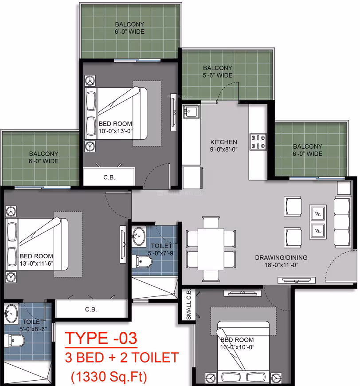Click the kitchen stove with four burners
(258, 142)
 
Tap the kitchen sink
(191, 111)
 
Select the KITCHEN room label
(224, 142)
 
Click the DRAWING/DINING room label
(281, 257)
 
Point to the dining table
(211, 249)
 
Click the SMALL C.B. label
(189, 305)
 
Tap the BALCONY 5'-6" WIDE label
(218, 71)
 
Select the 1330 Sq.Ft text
(109, 376)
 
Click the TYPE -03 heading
(101, 338)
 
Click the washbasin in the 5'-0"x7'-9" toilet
(139, 236)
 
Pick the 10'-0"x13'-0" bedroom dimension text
(115, 131)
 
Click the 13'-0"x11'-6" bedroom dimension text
(36, 264)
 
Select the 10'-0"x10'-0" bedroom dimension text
(237, 347)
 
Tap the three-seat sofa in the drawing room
(342, 223)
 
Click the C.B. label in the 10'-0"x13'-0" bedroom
(109, 177)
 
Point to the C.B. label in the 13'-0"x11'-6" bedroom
(91, 309)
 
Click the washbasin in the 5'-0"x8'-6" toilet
(12, 314)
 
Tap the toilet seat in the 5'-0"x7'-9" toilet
(142, 261)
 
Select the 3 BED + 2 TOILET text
(121, 358)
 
